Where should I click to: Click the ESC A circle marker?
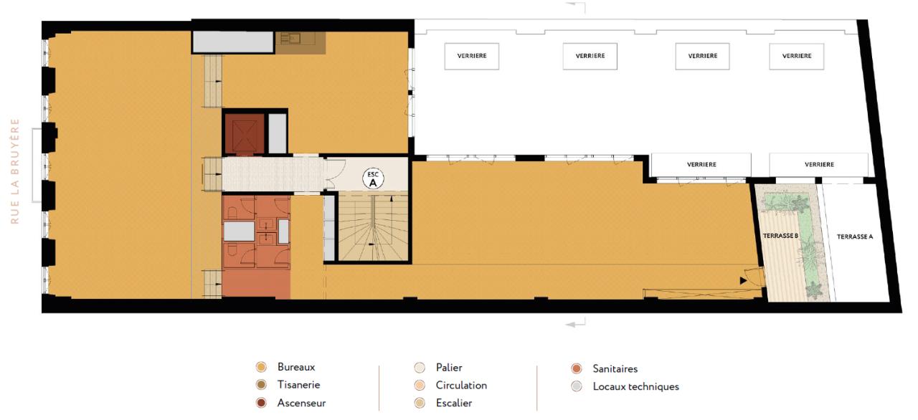373,179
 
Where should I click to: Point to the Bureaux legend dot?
261,366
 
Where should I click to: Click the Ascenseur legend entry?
301,403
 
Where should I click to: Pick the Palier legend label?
448,367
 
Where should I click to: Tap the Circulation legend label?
461,385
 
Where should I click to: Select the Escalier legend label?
453,403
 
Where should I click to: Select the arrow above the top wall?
579,6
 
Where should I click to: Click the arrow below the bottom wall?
576,325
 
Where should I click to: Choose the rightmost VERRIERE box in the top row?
797,56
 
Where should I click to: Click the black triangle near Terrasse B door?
743,280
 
